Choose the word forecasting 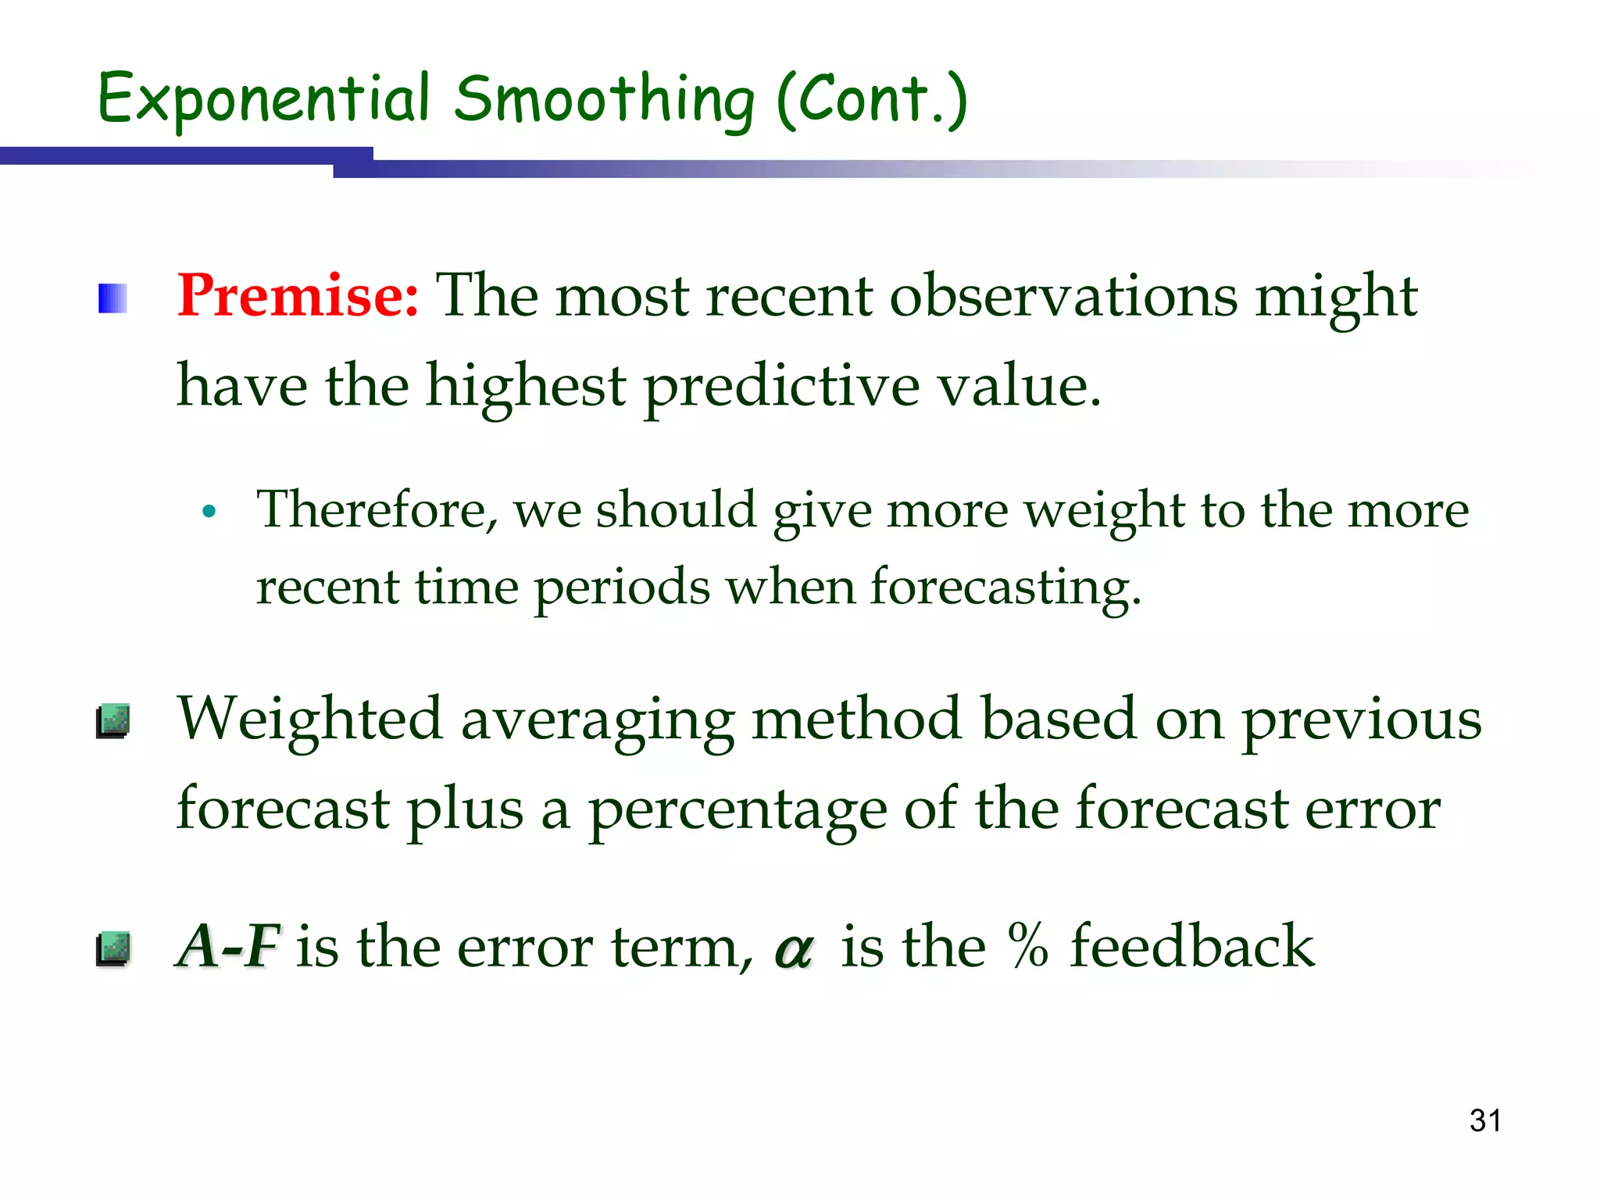(x=1005, y=587)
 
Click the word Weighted (x=309, y=719)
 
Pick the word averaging (x=598, y=720)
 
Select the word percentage (x=737, y=811)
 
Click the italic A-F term (x=227, y=946)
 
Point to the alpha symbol (x=794, y=949)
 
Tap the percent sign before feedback (x=1027, y=945)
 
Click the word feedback (x=1192, y=945)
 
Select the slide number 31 (x=1485, y=1120)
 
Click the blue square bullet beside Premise (x=112, y=298)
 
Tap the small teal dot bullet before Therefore (x=208, y=512)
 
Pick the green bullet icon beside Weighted (x=113, y=720)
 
